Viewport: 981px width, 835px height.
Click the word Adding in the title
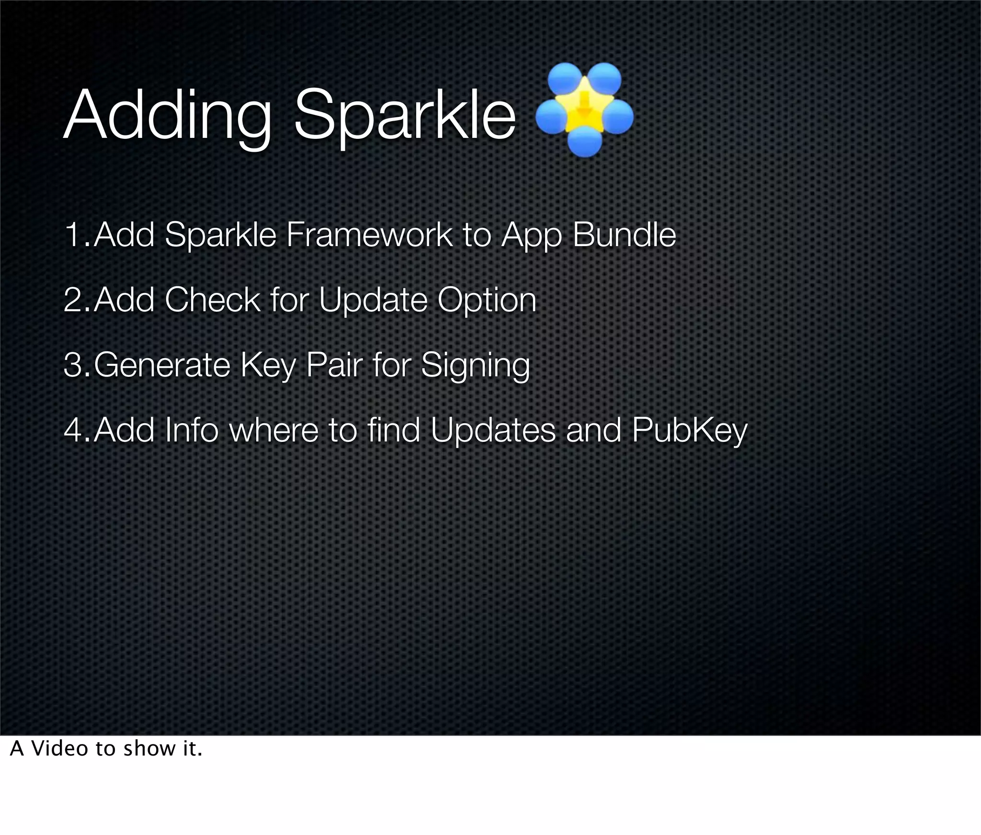click(x=168, y=117)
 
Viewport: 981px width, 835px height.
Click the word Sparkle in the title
click(x=405, y=117)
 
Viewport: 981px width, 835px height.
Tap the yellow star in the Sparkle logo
click(x=583, y=109)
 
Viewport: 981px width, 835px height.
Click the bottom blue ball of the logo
click(x=585, y=142)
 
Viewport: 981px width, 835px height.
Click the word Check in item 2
click(x=212, y=300)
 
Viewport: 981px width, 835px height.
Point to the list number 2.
click(x=74, y=300)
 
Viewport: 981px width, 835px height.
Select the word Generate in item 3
click(x=162, y=365)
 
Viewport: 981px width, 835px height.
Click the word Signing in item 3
click(x=475, y=365)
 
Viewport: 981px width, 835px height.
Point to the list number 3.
click(x=74, y=365)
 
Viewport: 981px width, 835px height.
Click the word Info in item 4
click(x=191, y=430)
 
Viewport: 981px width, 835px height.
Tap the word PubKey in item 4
click(x=689, y=430)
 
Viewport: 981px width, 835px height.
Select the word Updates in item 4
click(x=493, y=430)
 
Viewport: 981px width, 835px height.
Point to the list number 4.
click(x=74, y=430)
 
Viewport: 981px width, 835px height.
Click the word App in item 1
click(x=531, y=235)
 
